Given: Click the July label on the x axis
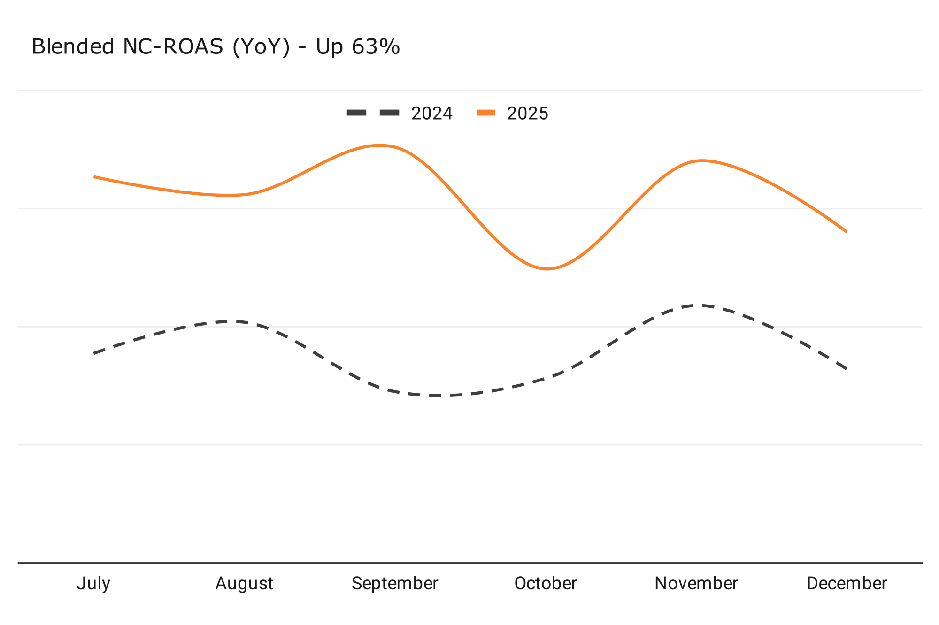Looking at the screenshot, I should coord(93,584).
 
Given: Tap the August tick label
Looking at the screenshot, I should coord(244,584).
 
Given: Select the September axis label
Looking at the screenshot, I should coord(395,584).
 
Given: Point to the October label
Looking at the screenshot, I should coord(546,584).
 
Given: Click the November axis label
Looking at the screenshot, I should coord(696,584).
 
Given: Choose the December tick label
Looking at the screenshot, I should coord(847,584).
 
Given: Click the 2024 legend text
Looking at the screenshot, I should coord(432,114).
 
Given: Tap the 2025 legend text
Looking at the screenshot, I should coord(528,114).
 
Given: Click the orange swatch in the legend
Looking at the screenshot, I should coord(486,113).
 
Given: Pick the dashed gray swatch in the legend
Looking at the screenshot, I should coord(373,113).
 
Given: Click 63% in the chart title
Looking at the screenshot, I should coord(376,47).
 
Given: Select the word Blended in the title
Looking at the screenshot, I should coord(73,47).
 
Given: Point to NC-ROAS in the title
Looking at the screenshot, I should coord(173,47).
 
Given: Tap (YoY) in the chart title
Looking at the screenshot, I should coord(261,47).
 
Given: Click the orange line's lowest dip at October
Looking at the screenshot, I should coord(547,269).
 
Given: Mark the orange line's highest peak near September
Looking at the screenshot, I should coord(380,145).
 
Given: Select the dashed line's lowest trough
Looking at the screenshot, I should coord(437,396).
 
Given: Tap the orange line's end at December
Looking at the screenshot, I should coord(846,231).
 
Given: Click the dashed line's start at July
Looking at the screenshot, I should coord(94,353).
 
